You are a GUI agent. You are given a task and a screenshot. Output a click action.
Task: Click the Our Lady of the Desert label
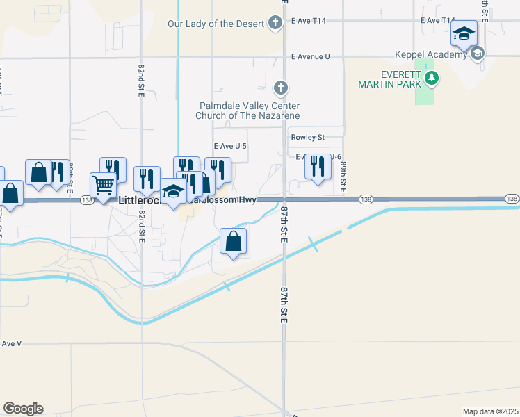216,24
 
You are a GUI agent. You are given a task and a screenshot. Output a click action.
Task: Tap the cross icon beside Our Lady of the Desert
275,24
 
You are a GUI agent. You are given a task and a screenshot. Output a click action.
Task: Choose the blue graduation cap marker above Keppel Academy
464,33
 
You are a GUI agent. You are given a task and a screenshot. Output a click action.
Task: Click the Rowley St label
308,138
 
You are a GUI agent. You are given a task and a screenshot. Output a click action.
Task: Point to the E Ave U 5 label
230,146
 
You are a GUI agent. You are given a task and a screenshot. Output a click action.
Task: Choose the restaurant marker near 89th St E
318,167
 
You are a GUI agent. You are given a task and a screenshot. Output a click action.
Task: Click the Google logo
24,409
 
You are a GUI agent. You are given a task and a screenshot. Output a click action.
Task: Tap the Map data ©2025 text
490,411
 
